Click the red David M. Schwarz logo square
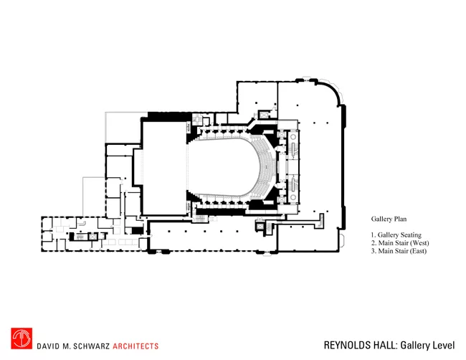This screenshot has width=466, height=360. click(22, 338)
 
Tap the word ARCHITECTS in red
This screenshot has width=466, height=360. click(135, 346)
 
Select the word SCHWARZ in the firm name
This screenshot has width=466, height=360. click(92, 346)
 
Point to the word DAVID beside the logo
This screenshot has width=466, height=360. click(47, 346)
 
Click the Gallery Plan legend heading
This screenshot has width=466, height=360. click(389, 219)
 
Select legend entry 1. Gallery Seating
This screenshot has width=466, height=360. click(396, 235)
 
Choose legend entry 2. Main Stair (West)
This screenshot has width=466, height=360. click(400, 243)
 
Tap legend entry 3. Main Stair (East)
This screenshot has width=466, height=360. click(399, 251)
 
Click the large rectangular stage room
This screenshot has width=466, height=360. click(164, 168)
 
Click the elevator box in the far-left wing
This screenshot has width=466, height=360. click(92, 237)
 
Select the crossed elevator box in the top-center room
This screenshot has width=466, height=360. click(264, 115)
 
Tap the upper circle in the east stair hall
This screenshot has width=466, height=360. click(293, 137)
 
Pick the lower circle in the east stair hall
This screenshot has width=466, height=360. click(293, 197)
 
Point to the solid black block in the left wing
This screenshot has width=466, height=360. click(138, 231)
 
